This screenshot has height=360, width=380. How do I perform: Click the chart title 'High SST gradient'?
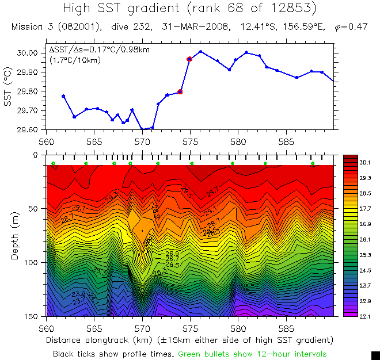pyautogui.click(x=133, y=9)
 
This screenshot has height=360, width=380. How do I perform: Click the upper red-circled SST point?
pyautogui.click(x=189, y=59)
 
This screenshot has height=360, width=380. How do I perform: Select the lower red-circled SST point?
pyautogui.click(x=180, y=91)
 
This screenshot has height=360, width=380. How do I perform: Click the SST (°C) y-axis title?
pyautogui.click(x=8, y=90)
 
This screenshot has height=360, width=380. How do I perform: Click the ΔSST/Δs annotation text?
pyautogui.click(x=99, y=50)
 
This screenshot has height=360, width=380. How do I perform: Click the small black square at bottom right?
pyautogui.click(x=375, y=355)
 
